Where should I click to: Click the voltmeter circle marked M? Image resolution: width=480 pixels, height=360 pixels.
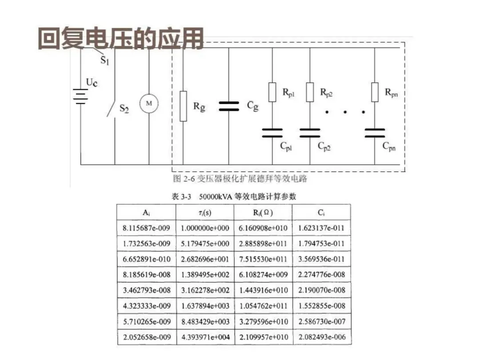pos(149,104)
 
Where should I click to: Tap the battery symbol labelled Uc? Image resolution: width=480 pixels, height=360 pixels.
pos(80,96)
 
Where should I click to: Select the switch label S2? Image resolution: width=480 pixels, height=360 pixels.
pos(124,108)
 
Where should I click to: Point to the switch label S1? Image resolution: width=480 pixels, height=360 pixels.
pos(104,60)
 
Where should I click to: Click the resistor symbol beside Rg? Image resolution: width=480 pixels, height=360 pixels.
pos(183,106)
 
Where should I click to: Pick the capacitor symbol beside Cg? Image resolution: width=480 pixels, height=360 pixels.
pos(229,106)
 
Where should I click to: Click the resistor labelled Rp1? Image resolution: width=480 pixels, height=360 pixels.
pos(272,92)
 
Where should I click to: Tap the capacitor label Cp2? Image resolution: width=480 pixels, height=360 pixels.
pos(324,146)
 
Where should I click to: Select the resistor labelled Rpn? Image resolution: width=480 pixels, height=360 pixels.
pos(375,92)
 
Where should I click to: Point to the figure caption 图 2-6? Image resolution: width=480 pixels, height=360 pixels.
pos(240,179)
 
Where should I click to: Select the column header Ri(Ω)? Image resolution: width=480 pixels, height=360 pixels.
pos(263,212)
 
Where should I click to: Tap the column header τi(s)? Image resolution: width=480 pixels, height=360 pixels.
pos(205,212)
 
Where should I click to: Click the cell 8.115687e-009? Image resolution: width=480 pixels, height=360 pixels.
pos(147,228)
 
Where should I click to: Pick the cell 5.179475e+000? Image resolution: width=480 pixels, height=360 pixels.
pos(205,244)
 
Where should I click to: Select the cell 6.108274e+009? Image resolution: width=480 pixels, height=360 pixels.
pos(263,275)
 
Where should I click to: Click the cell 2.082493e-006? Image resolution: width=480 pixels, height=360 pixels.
pos(321,337)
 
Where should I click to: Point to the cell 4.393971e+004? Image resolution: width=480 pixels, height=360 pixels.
pos(205,337)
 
